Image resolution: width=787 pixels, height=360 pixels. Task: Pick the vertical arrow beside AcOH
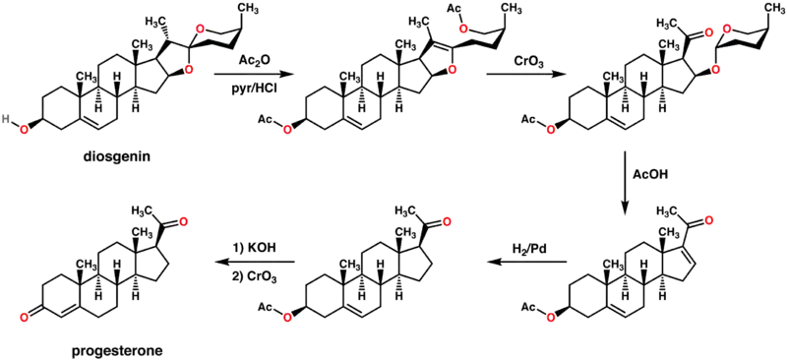pos(625,182)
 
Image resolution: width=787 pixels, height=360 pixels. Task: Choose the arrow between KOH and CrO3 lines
pos(255,262)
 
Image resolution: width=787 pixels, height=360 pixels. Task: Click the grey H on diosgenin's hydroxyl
pos(6,118)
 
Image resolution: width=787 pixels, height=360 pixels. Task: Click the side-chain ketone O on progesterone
pos(183,220)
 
